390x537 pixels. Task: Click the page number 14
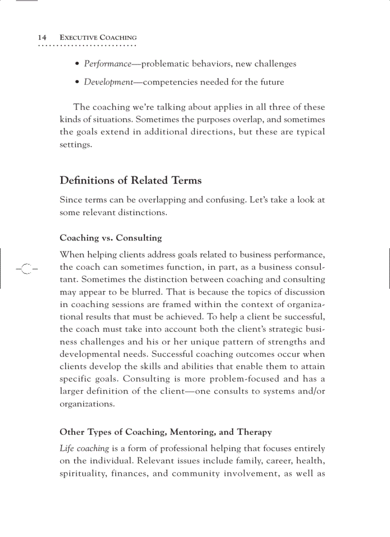coord(42,37)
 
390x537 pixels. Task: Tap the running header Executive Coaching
coord(98,37)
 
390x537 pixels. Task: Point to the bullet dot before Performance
coord(77,64)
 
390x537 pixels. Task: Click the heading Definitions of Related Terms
coord(130,180)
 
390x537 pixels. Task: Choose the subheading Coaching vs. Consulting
coord(110,238)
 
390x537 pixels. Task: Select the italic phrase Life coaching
coord(84,449)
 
